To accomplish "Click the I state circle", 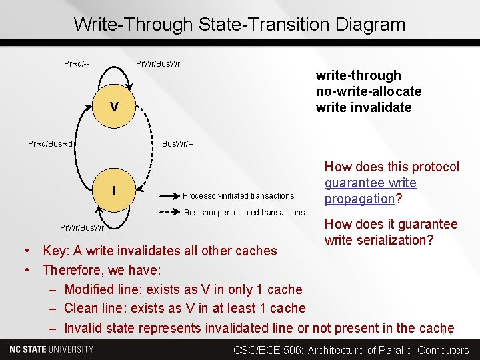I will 114,191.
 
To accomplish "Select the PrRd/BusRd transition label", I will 51,143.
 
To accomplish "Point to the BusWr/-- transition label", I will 178,143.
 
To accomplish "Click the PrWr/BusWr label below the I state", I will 82,227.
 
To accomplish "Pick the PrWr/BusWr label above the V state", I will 158,64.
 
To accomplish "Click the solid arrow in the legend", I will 167,196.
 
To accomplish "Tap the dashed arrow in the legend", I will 167,213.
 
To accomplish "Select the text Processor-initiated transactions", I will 238,196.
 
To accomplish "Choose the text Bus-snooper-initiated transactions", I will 244,213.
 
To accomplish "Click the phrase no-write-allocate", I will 369,91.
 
